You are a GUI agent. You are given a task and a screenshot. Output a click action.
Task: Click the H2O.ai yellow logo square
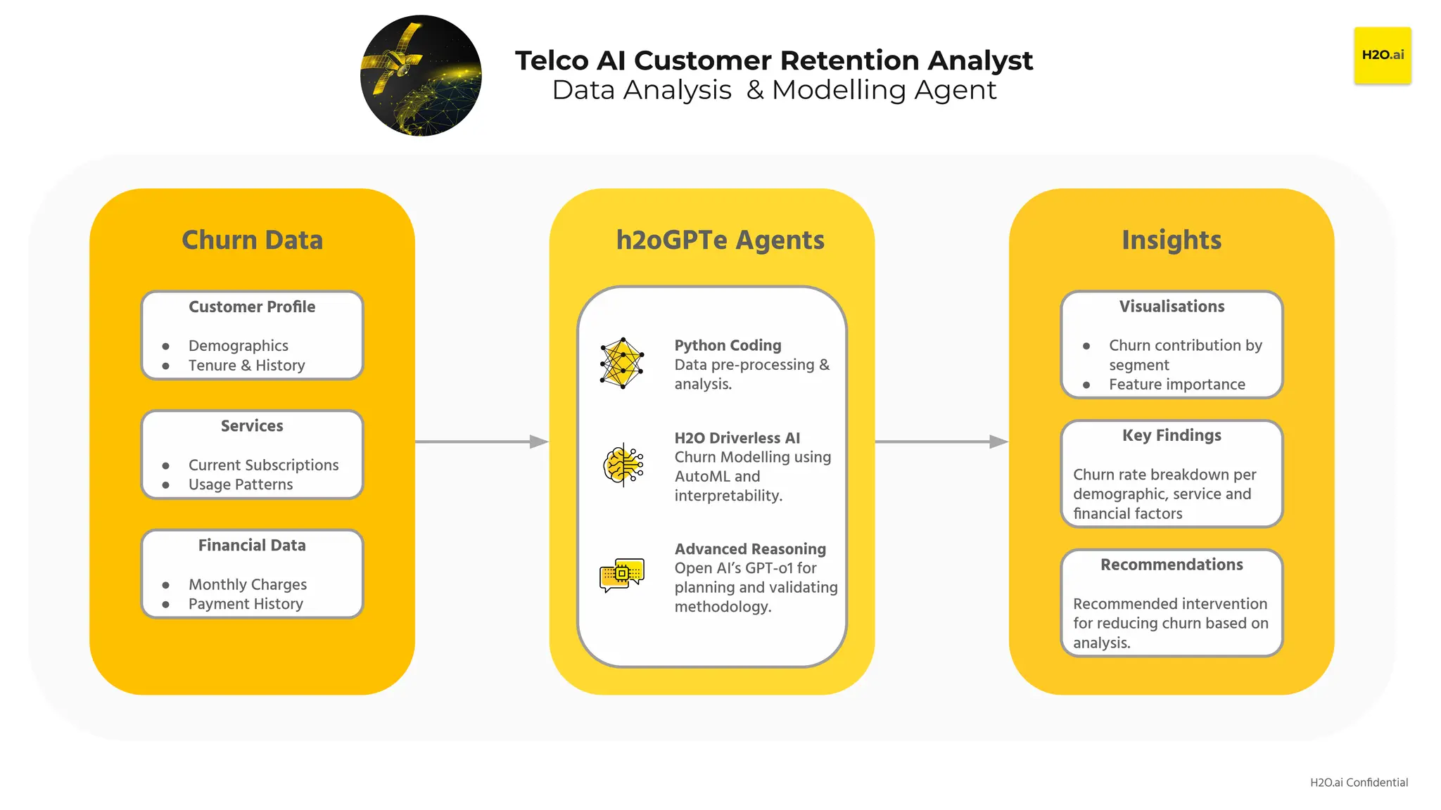click(1382, 56)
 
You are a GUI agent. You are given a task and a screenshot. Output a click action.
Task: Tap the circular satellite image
click(421, 76)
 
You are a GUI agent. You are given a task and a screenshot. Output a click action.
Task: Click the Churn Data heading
click(252, 240)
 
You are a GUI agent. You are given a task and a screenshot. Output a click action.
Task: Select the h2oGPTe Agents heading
click(720, 240)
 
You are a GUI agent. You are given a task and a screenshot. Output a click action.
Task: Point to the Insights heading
click(1171, 240)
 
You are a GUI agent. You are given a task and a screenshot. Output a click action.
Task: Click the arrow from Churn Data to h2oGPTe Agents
click(481, 442)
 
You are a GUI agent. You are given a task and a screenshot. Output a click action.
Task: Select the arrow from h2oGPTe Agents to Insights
click(941, 442)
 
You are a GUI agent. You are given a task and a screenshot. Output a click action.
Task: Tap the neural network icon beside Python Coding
click(622, 364)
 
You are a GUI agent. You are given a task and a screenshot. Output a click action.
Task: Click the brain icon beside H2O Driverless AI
click(623, 465)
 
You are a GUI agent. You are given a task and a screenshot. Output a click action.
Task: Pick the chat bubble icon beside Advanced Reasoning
click(622, 575)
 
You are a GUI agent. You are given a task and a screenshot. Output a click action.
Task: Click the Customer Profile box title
click(252, 307)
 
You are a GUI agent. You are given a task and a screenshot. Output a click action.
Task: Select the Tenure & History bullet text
click(246, 366)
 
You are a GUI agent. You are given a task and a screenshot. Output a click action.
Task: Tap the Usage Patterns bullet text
click(240, 484)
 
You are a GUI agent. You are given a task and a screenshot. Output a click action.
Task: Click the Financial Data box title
click(252, 546)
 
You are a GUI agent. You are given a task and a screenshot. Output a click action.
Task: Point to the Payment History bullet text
click(246, 604)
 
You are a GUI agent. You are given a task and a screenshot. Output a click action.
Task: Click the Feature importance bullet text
click(1176, 385)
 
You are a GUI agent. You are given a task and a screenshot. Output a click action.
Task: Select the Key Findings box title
click(1172, 436)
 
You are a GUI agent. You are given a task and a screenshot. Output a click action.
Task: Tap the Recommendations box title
click(1172, 565)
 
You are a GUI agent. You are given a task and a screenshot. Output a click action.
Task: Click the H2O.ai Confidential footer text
click(1358, 783)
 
